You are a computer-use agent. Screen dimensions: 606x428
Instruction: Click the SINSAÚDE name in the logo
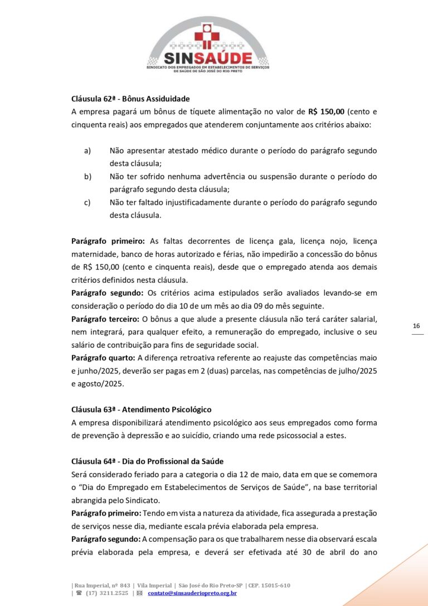(x=207, y=58)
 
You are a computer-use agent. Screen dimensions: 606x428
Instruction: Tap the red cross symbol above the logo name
(x=207, y=35)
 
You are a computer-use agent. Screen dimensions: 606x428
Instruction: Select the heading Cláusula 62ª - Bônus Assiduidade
(x=130, y=99)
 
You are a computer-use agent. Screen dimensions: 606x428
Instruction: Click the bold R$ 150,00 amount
(x=326, y=112)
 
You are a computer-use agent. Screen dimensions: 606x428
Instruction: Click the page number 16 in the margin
(x=417, y=326)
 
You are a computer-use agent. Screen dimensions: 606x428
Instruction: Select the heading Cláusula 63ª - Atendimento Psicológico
(x=141, y=410)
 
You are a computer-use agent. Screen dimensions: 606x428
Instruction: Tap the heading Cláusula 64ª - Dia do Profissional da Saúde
(x=147, y=461)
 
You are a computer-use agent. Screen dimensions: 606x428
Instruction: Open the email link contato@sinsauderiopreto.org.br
(x=192, y=593)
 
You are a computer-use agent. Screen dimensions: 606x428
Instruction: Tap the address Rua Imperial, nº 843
(x=102, y=585)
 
